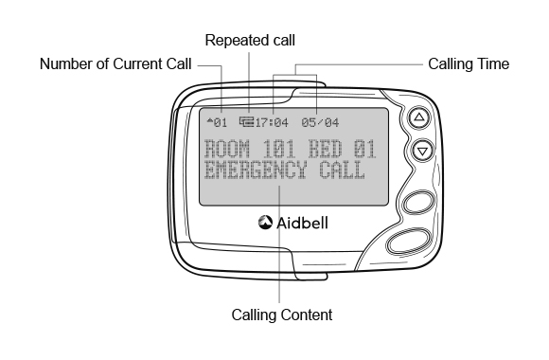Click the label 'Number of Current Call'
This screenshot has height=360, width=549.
tap(115, 65)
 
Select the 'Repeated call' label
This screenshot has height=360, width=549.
tap(250, 40)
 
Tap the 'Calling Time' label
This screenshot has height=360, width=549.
tap(469, 65)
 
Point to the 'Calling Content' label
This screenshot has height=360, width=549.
tap(281, 312)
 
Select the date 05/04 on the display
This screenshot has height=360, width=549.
tap(321, 123)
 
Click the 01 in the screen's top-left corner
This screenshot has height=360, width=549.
tap(221, 123)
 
